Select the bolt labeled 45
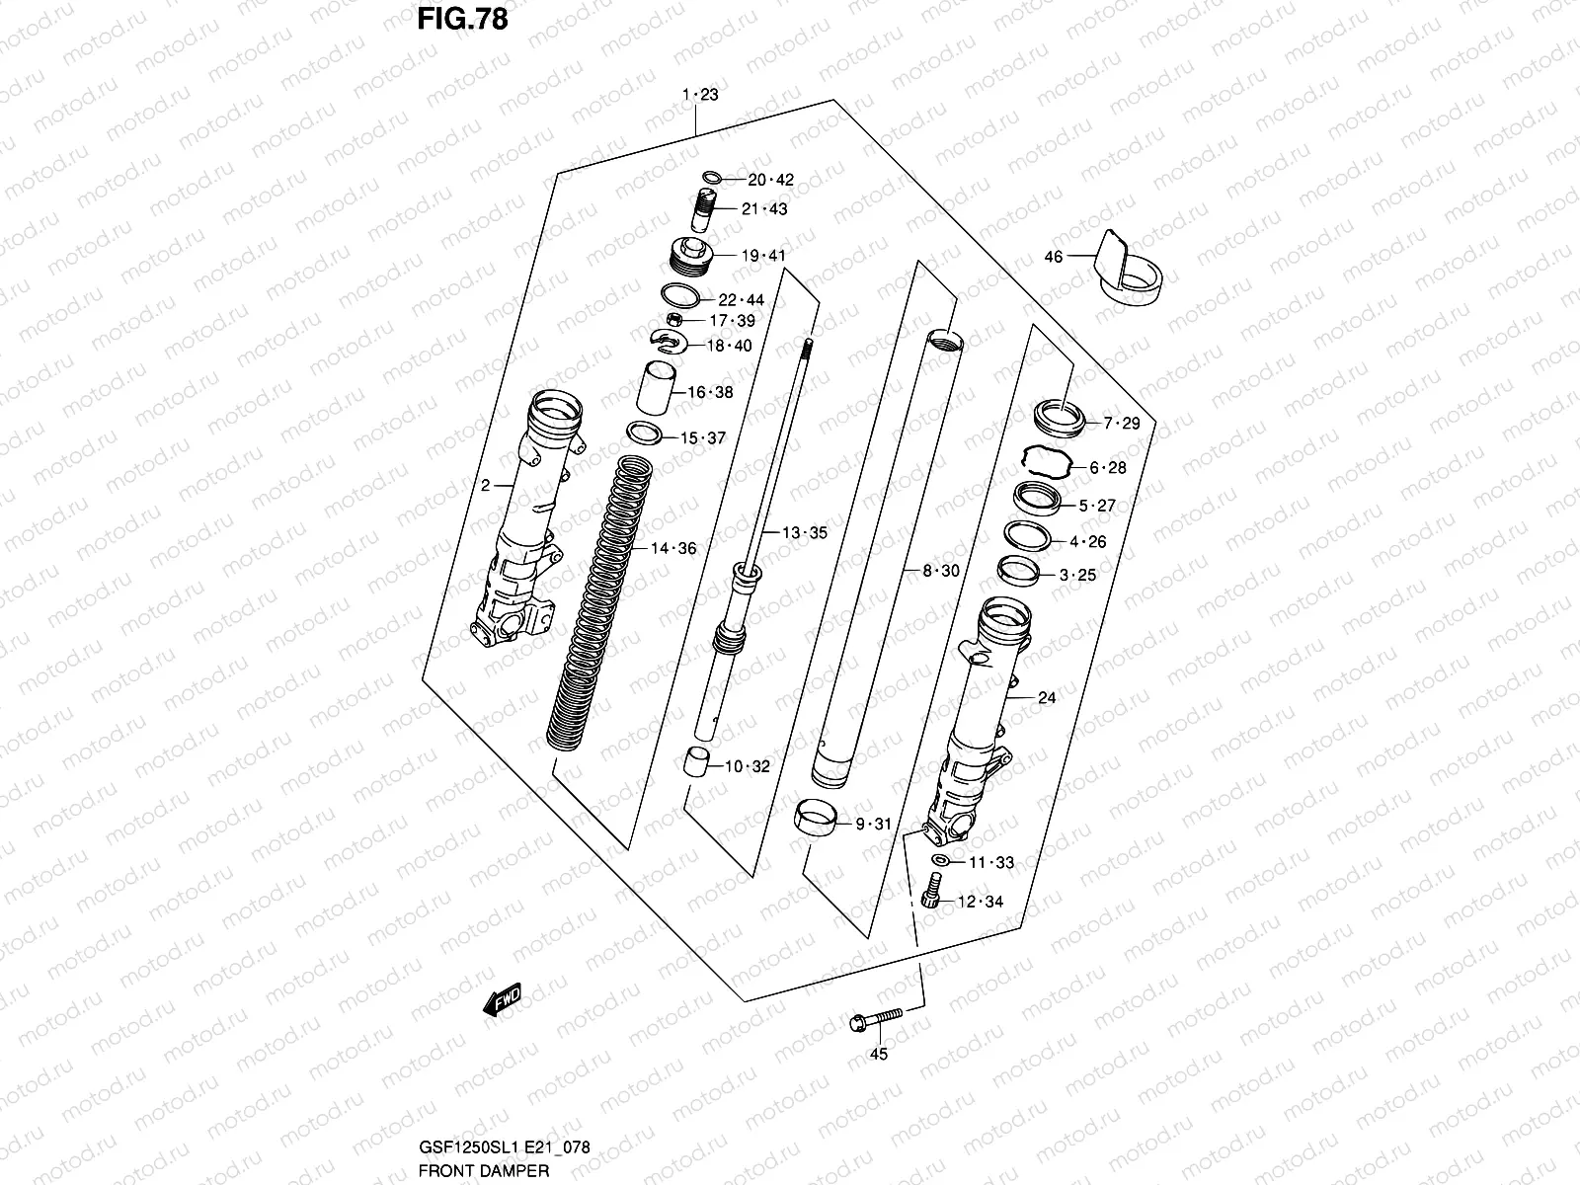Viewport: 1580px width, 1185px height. pos(875,1020)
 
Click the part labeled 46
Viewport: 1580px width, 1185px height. pos(1131,271)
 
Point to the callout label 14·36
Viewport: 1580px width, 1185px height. pos(672,549)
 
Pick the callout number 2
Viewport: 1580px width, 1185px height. pos(485,485)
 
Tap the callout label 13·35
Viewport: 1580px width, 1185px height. pos(805,533)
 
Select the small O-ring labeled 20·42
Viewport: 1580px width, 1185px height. pos(711,179)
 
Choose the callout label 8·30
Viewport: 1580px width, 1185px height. pos(941,571)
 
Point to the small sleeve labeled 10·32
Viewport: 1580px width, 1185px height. pos(699,765)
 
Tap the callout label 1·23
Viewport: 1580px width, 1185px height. pos(699,95)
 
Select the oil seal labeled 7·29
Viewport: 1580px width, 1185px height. pos(1060,417)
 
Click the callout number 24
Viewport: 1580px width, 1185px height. pos(1047,698)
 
